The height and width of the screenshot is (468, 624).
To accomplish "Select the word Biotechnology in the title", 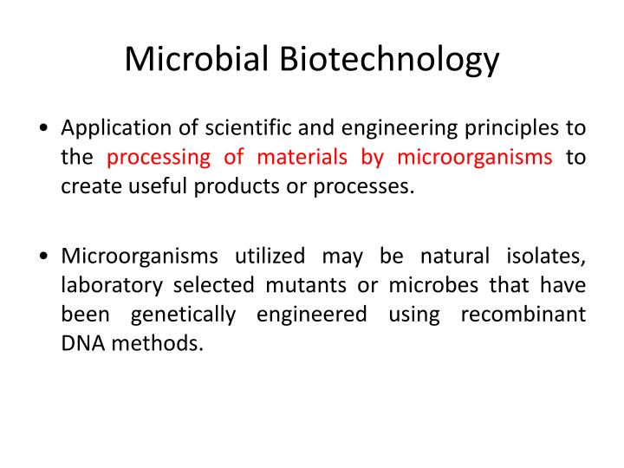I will tap(388, 60).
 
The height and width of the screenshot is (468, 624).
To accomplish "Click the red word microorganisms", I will tap(475, 157).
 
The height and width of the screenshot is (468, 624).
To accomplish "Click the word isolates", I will tap(545, 257).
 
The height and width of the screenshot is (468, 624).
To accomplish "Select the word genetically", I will tap(184, 314).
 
